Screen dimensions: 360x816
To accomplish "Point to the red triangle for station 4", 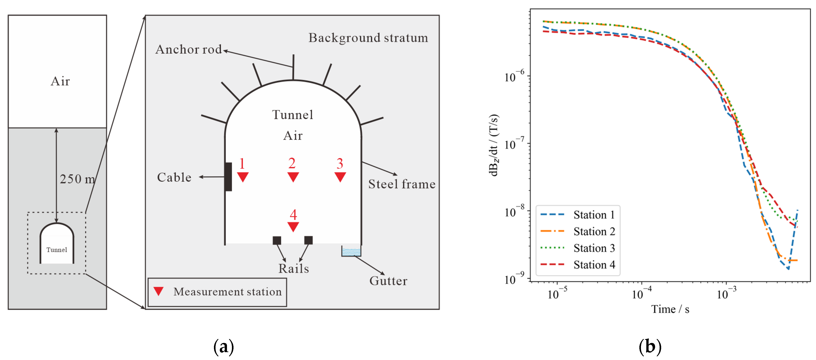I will click(293, 226).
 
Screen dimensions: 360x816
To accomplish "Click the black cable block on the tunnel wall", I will click(228, 177).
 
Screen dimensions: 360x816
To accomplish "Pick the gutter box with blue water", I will click(351, 251).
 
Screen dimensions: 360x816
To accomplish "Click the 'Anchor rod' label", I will click(189, 49).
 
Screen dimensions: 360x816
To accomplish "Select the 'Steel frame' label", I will click(402, 184).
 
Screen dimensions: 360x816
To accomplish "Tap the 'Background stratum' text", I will click(368, 38).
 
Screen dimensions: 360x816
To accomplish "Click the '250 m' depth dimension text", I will click(77, 179).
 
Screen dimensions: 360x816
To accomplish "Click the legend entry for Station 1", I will click(578, 215).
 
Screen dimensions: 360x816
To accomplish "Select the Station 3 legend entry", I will click(578, 248).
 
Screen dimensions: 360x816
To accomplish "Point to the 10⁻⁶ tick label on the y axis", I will click(514, 76).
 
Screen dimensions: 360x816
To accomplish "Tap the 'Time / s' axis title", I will click(670, 309).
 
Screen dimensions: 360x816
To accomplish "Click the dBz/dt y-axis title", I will click(494, 145).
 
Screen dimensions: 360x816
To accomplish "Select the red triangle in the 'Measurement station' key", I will click(158, 291).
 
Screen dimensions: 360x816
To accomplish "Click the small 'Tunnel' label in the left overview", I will click(57, 250).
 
